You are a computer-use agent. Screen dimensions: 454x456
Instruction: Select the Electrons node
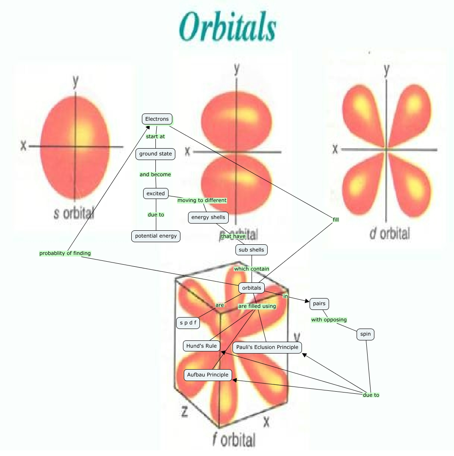157,119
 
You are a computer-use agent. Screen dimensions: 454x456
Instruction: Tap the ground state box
155,154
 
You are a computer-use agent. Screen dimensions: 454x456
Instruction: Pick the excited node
155,193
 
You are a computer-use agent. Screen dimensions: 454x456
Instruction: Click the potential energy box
156,236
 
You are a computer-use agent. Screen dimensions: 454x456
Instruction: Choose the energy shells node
208,218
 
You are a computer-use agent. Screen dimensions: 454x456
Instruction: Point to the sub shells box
251,250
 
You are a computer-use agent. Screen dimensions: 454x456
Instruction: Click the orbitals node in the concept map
252,288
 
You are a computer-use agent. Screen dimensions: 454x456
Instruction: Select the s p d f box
188,323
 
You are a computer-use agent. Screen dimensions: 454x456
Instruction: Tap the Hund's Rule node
202,346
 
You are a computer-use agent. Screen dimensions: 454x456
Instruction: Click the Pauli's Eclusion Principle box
267,347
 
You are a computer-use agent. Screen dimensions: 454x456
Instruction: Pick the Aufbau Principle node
208,375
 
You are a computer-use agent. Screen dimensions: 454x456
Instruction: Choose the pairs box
319,304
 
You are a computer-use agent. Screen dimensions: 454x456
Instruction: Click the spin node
365,334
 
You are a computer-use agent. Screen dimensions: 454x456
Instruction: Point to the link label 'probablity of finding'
65,253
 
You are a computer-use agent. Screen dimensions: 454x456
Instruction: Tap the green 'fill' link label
336,219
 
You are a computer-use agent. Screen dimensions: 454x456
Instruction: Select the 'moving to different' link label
202,200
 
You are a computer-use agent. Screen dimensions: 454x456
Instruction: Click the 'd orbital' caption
390,233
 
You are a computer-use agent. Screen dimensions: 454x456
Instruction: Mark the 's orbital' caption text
74,213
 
